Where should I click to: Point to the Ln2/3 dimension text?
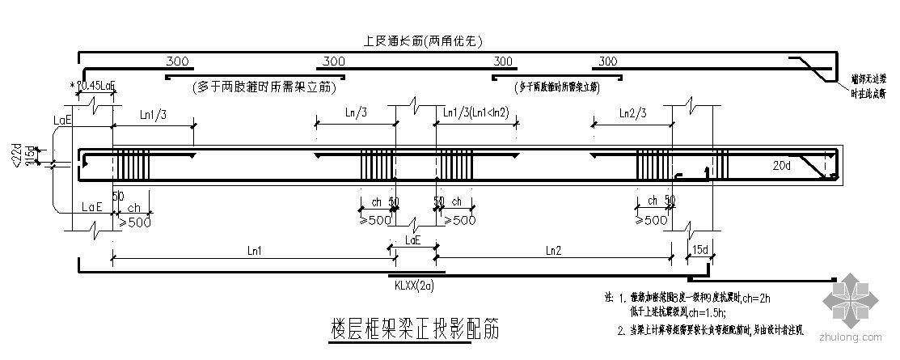pyautogui.click(x=632, y=112)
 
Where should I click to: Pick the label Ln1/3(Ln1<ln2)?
pyautogui.click(x=476, y=112)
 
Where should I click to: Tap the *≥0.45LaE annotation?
pyautogui.click(x=94, y=84)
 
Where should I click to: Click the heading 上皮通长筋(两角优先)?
pyautogui.click(x=425, y=40)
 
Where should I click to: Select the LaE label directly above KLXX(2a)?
pyautogui.click(x=412, y=240)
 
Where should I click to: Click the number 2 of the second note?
pyautogui.click(x=619, y=329)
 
